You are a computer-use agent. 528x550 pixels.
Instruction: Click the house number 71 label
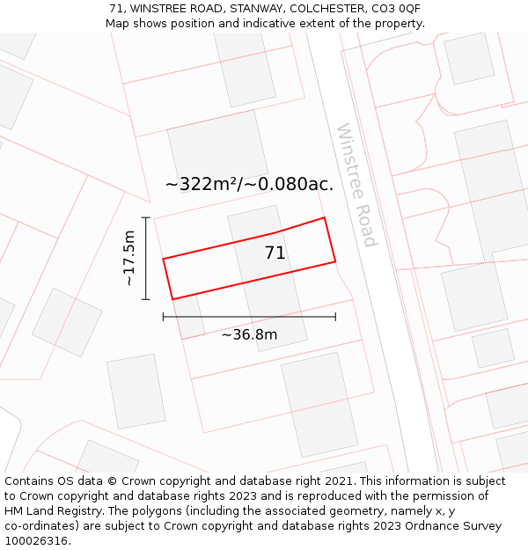click(275, 253)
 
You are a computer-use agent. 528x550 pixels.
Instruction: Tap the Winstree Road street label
click(356, 185)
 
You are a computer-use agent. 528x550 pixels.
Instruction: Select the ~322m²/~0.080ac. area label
click(249, 184)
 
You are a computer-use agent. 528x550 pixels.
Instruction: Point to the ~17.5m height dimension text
click(129, 258)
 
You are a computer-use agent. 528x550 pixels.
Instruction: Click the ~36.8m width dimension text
click(249, 334)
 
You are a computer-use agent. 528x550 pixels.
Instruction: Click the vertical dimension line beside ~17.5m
click(146, 258)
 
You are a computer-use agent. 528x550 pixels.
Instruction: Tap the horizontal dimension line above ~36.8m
click(249, 317)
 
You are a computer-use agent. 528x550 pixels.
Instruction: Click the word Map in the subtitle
click(118, 23)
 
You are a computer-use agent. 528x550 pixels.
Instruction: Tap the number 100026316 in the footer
click(36, 540)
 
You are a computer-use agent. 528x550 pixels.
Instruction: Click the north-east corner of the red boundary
click(325, 217)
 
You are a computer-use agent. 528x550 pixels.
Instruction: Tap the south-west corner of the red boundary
click(172, 299)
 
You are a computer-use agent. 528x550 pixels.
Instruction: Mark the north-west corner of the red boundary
click(164, 259)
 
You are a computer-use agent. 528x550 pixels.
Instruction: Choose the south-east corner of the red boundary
click(335, 261)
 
